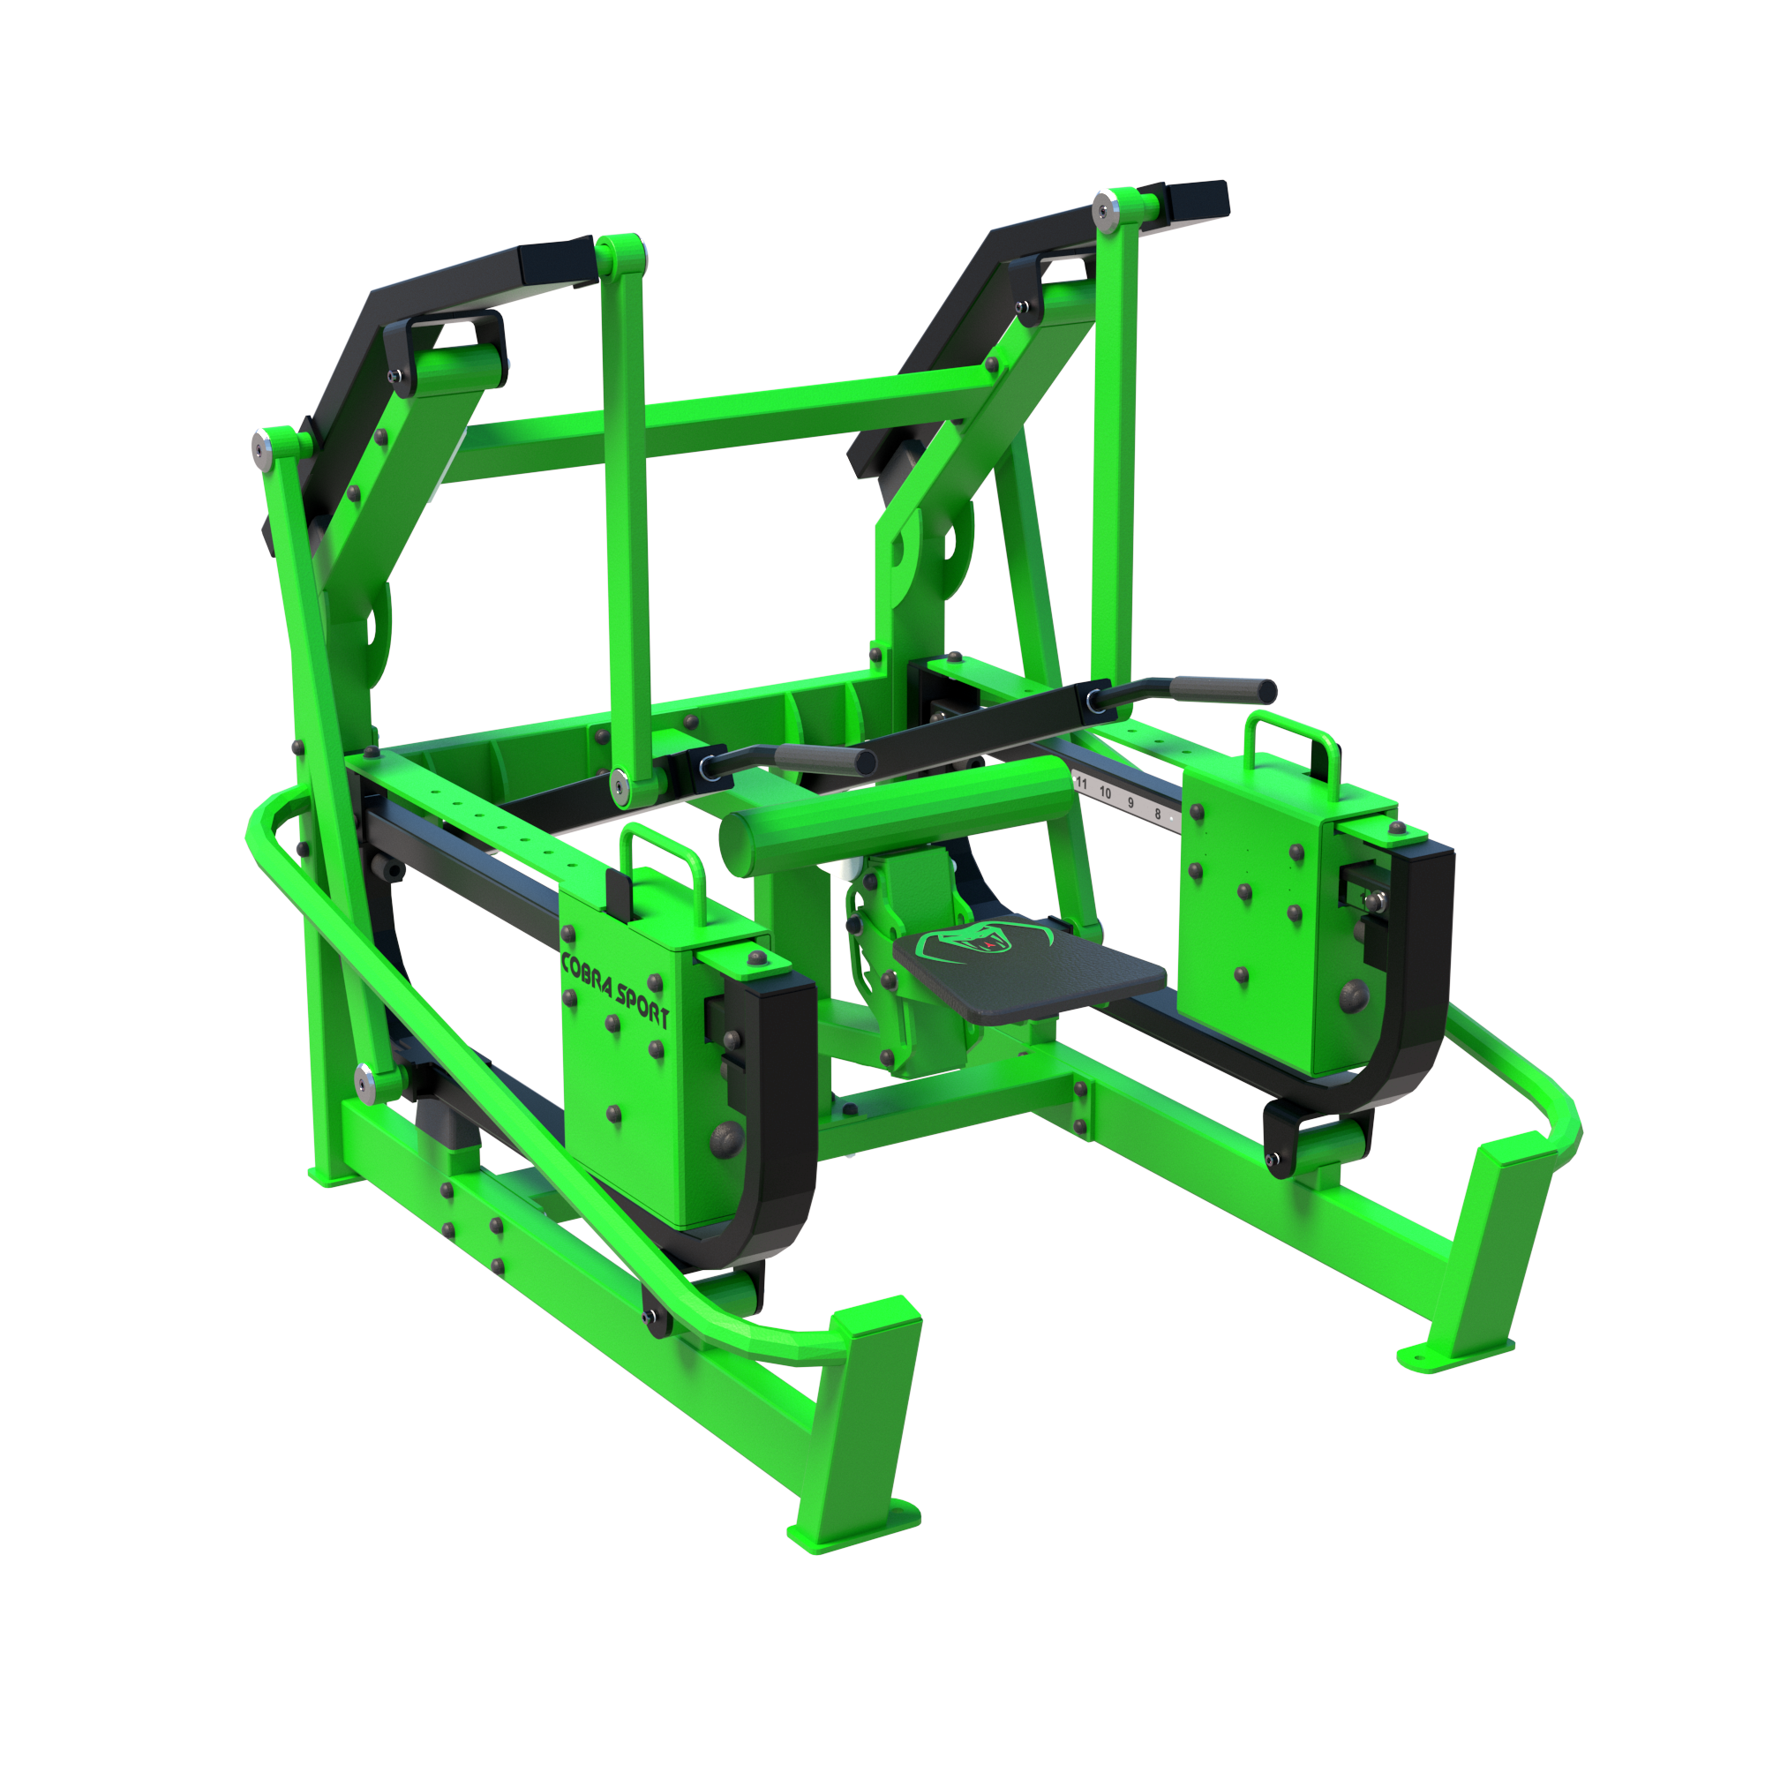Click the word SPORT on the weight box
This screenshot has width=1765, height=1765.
pyautogui.click(x=643, y=1004)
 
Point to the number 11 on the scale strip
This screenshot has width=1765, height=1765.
pyautogui.click(x=1082, y=783)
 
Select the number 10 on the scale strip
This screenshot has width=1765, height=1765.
pyautogui.click(x=1106, y=792)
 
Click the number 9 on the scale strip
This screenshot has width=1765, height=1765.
pyautogui.click(x=1131, y=802)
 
